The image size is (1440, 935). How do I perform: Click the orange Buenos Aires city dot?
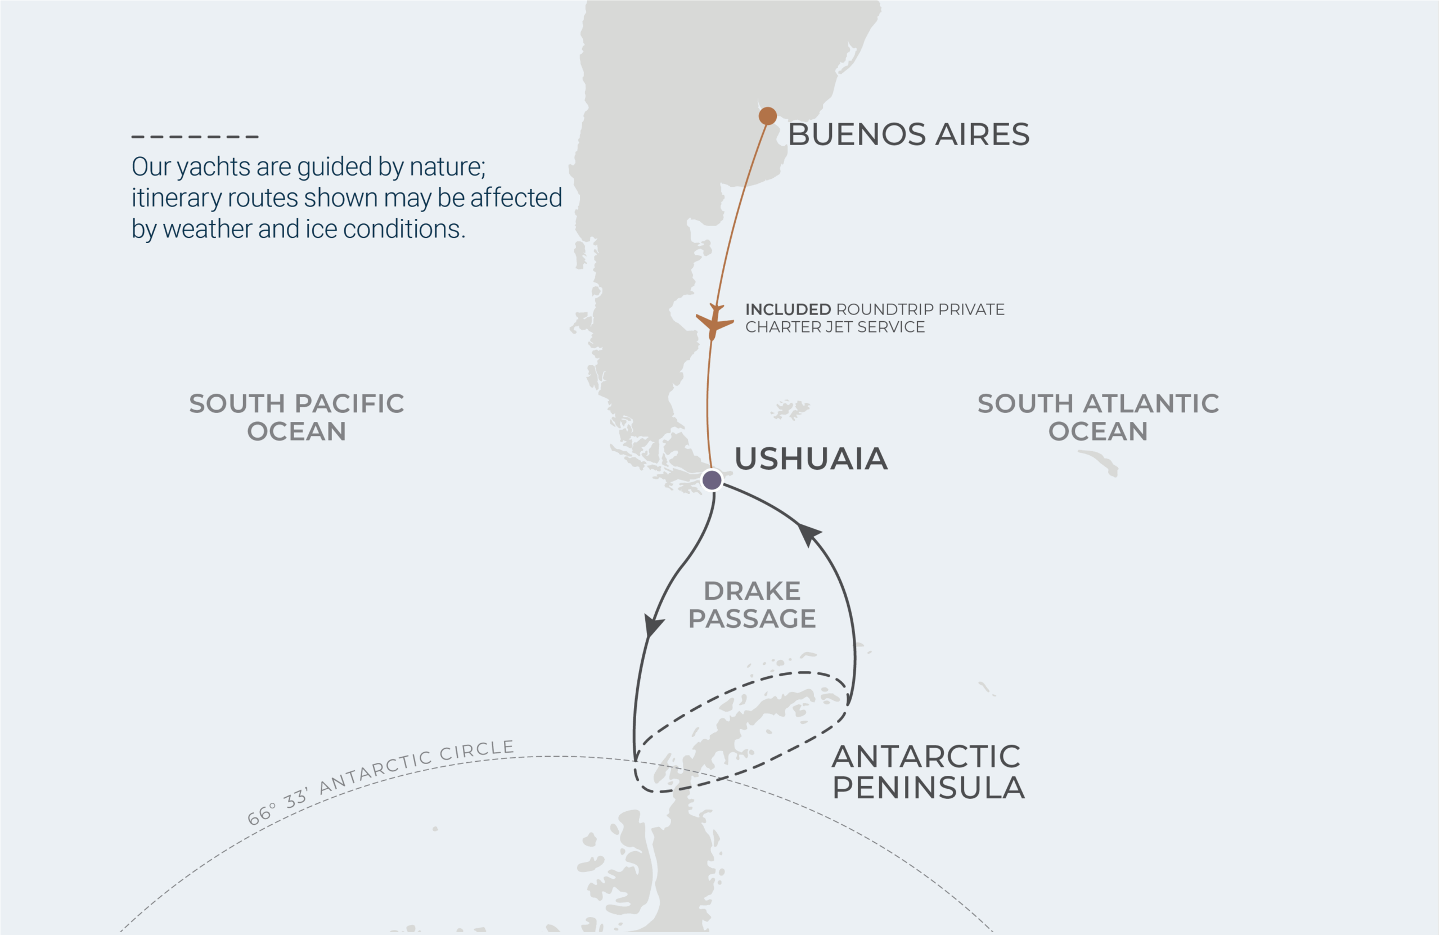(x=767, y=115)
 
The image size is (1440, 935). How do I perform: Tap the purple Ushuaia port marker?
(x=712, y=480)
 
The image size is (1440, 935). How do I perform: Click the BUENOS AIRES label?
(x=908, y=134)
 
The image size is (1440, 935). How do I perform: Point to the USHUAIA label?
(x=811, y=458)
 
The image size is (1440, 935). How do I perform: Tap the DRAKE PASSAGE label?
(x=752, y=605)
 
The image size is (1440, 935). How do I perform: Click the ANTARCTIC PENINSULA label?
(x=928, y=772)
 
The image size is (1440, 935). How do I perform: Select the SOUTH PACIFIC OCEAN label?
(x=296, y=417)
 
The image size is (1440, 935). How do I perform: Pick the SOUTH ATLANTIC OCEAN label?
(x=1097, y=417)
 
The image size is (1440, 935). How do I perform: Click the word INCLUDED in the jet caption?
(x=787, y=309)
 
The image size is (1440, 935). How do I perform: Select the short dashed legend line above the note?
(x=195, y=137)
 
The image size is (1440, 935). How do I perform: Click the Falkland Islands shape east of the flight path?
(x=790, y=410)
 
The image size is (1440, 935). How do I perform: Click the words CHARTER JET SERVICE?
(x=835, y=327)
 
